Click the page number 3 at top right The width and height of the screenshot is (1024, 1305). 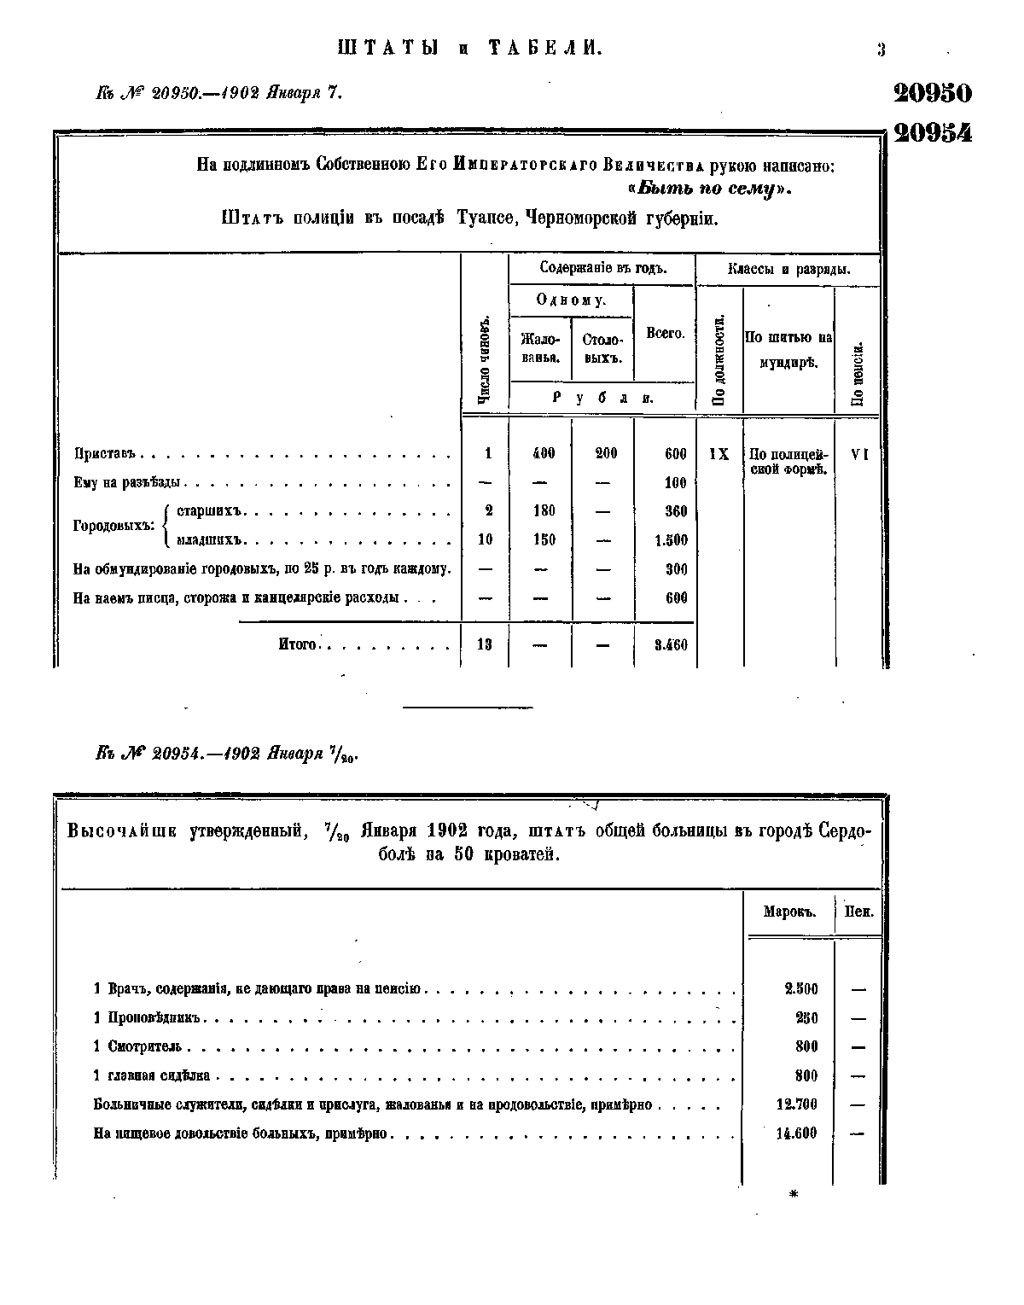point(881,50)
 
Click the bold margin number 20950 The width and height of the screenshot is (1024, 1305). point(932,93)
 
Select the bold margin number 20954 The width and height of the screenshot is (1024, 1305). point(932,133)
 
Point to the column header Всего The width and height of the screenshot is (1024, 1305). point(665,333)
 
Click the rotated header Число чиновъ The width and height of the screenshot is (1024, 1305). point(484,358)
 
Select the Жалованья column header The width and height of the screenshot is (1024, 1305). point(540,347)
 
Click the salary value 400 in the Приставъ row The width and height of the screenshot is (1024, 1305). point(543,454)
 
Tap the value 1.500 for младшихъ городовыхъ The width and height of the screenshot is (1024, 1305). point(671,540)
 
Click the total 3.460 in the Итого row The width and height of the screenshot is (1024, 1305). point(671,646)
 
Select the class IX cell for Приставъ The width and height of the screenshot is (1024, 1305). point(719,455)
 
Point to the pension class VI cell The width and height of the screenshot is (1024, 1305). point(859,455)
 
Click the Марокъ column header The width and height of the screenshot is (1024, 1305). point(789,911)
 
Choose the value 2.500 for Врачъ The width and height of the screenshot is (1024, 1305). point(800,989)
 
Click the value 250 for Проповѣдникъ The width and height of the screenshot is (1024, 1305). point(806,1018)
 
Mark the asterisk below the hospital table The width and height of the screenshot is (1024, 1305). point(794,1196)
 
